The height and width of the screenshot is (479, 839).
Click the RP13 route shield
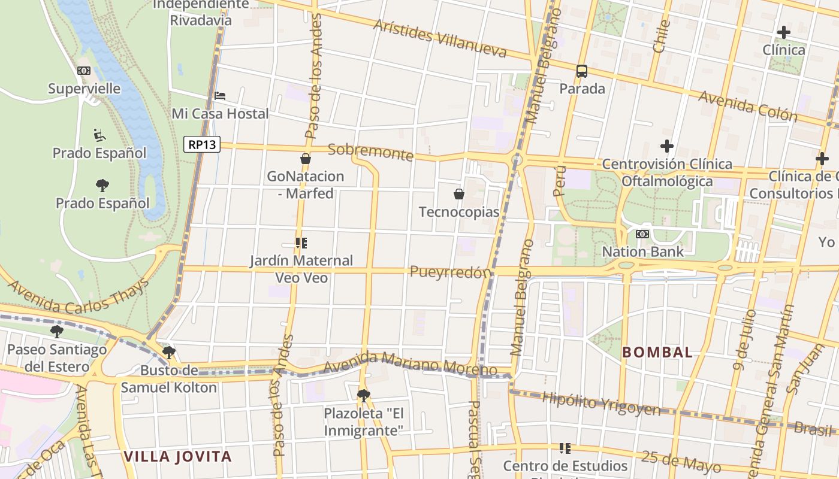[x=203, y=144]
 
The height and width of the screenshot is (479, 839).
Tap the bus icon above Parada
[x=581, y=71]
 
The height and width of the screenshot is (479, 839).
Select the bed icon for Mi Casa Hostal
[x=220, y=96]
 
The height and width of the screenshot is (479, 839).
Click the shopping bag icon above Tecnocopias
[x=459, y=194]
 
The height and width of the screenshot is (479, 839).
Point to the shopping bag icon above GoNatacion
[x=306, y=159]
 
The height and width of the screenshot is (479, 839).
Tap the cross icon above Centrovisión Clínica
[x=666, y=146]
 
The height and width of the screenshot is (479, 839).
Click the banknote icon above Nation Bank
[x=642, y=234]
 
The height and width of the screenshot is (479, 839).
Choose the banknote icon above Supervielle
[x=84, y=71]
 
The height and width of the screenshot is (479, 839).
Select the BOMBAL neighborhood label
[x=657, y=352]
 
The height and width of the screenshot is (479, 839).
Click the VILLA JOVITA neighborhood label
[x=177, y=457]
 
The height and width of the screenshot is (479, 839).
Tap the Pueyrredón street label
[x=451, y=272]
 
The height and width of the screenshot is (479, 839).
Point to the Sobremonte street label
[x=371, y=151]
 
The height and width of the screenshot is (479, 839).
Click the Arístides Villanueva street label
[x=440, y=38]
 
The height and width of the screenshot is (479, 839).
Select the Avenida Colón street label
[x=748, y=106]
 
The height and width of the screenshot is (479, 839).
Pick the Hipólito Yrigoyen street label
[x=601, y=404]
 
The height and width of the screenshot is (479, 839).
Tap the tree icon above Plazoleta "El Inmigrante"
[x=363, y=395]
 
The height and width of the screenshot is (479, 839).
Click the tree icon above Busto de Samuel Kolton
[x=169, y=352]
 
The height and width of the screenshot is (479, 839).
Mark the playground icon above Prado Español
[x=99, y=135]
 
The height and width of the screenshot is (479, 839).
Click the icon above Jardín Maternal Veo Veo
[x=301, y=243]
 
